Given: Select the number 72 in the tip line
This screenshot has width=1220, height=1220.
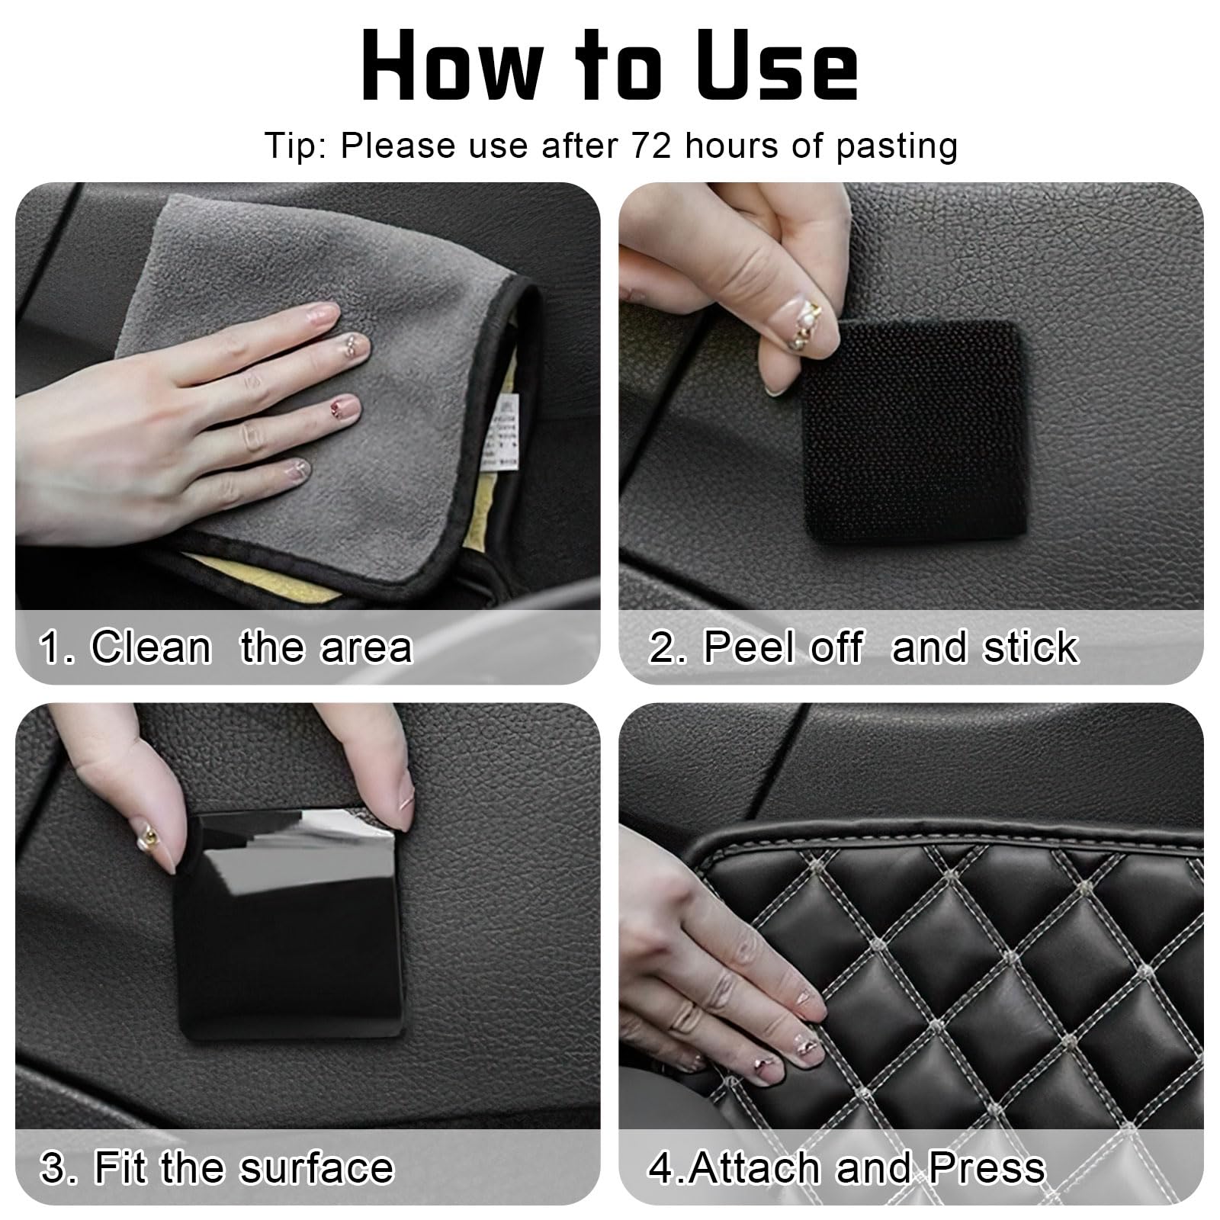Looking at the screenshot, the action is pos(650,145).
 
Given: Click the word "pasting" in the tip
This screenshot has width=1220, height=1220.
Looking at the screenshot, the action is pos(896,146).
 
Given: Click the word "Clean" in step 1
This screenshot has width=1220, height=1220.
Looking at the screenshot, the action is pos(150,647).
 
